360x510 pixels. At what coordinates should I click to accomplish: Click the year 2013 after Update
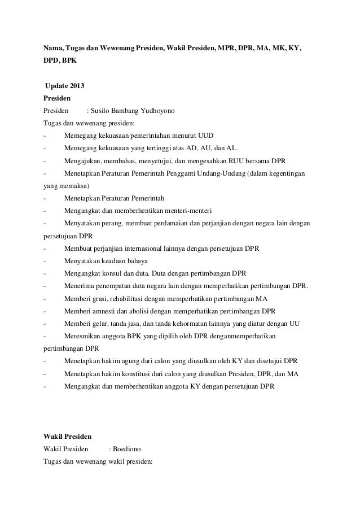[79, 86]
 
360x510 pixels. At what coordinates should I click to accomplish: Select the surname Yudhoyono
[159, 111]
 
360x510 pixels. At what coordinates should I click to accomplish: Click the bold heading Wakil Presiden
[68, 437]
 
